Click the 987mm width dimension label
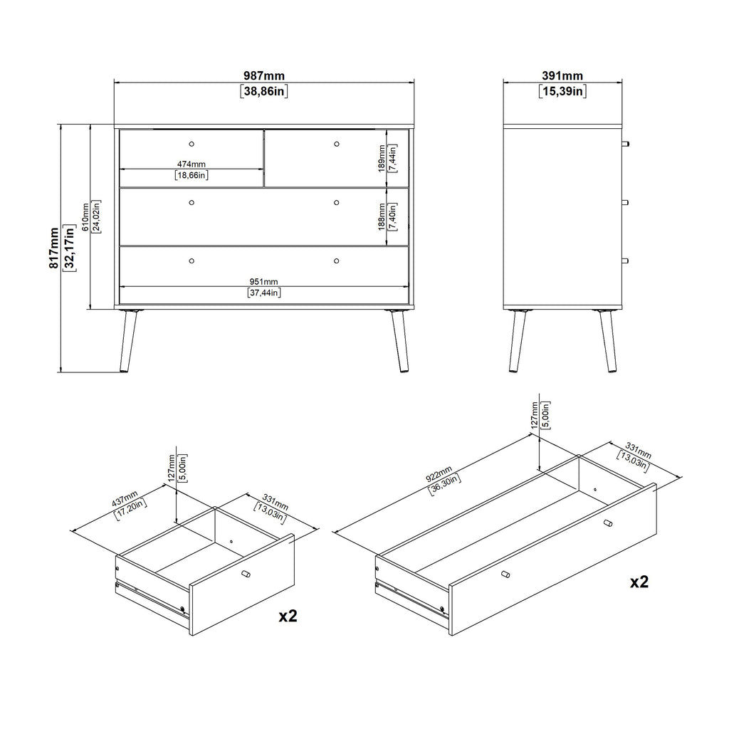pyautogui.click(x=263, y=75)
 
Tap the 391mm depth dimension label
pyautogui.click(x=562, y=75)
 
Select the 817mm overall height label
pyautogui.click(x=54, y=248)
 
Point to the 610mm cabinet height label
pyautogui.click(x=85, y=216)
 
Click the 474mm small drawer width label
pyautogui.click(x=191, y=164)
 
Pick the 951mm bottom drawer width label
pyautogui.click(x=263, y=282)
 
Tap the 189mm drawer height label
pyautogui.click(x=382, y=158)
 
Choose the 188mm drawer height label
pyautogui.click(x=382, y=216)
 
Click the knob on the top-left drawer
pyautogui.click(x=191, y=144)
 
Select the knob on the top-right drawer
pyautogui.click(x=336, y=144)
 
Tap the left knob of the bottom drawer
pyautogui.click(x=191, y=261)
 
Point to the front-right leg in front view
pyautogui.click(x=399, y=340)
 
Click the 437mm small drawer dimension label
pyautogui.click(x=125, y=498)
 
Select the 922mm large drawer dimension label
pyautogui.click(x=439, y=475)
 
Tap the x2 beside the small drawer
pyautogui.click(x=288, y=616)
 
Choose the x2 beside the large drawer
pyautogui.click(x=639, y=582)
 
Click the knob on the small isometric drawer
pyautogui.click(x=246, y=574)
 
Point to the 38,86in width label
pyautogui.click(x=263, y=91)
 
